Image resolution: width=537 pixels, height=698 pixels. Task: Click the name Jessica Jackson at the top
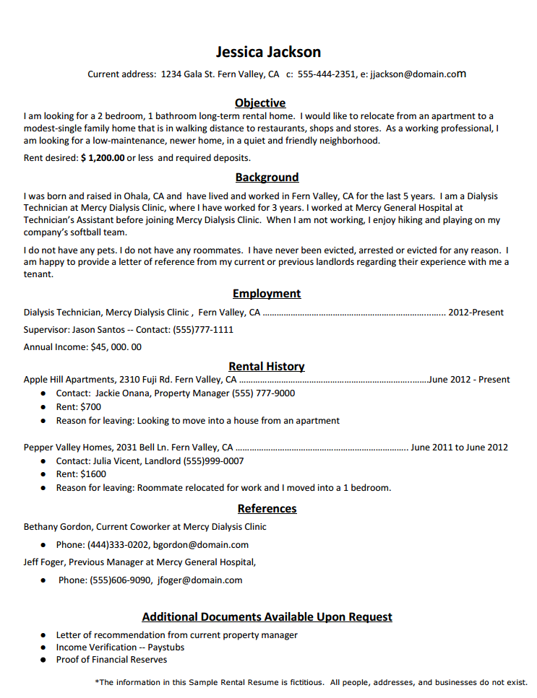268,52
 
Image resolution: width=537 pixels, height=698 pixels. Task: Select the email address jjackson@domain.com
418,74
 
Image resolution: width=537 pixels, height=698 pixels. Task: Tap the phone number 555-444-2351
327,74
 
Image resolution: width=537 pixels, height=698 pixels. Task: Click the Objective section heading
260,103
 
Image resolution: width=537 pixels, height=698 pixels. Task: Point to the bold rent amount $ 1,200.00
103,157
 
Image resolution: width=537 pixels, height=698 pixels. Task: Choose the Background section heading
267,178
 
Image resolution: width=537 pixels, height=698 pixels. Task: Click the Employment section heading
267,294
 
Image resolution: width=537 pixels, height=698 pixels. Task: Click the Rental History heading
267,367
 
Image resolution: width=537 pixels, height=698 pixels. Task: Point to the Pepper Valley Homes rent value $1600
93,474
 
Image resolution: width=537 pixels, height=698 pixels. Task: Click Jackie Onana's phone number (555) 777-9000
263,393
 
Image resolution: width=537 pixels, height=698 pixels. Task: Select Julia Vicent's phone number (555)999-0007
214,461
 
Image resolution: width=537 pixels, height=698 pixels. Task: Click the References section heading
267,509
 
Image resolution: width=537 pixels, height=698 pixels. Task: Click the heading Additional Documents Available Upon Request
267,617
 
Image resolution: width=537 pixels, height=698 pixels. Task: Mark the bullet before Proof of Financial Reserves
43,660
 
